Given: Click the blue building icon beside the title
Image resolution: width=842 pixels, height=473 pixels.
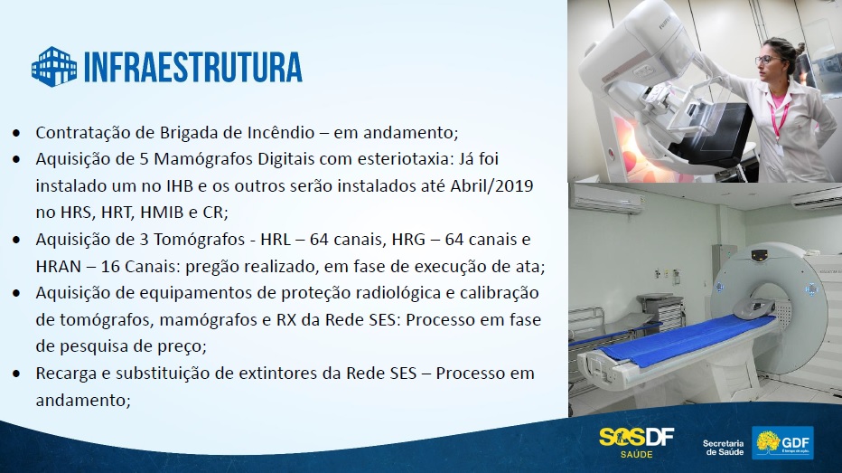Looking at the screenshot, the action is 54,67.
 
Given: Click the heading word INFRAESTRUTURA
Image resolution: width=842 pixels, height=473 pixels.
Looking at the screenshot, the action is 193,67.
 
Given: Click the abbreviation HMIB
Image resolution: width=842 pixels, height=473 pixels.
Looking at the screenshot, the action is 162,213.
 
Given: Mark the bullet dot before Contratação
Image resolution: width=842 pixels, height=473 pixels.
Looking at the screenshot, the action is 16,133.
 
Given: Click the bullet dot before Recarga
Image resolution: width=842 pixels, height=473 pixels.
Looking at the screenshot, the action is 16,374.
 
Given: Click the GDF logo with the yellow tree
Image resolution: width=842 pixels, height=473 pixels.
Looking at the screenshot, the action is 782,443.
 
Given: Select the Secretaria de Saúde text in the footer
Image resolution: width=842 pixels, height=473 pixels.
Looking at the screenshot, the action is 724,448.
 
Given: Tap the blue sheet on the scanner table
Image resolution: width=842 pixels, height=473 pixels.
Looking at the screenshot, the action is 687,337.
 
